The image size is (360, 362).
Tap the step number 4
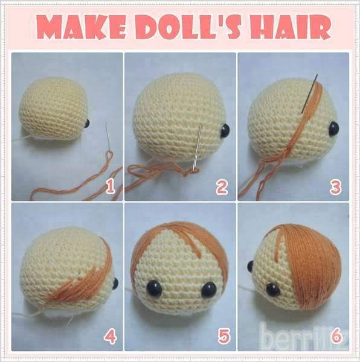(x=110, y=337)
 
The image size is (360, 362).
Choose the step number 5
(x=223, y=337)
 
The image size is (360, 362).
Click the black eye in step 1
(x=86, y=124)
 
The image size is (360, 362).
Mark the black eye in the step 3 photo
(x=333, y=128)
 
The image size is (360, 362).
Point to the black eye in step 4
(x=114, y=282)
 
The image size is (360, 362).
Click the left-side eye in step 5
(x=155, y=288)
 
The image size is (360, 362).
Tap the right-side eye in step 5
(x=211, y=290)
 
